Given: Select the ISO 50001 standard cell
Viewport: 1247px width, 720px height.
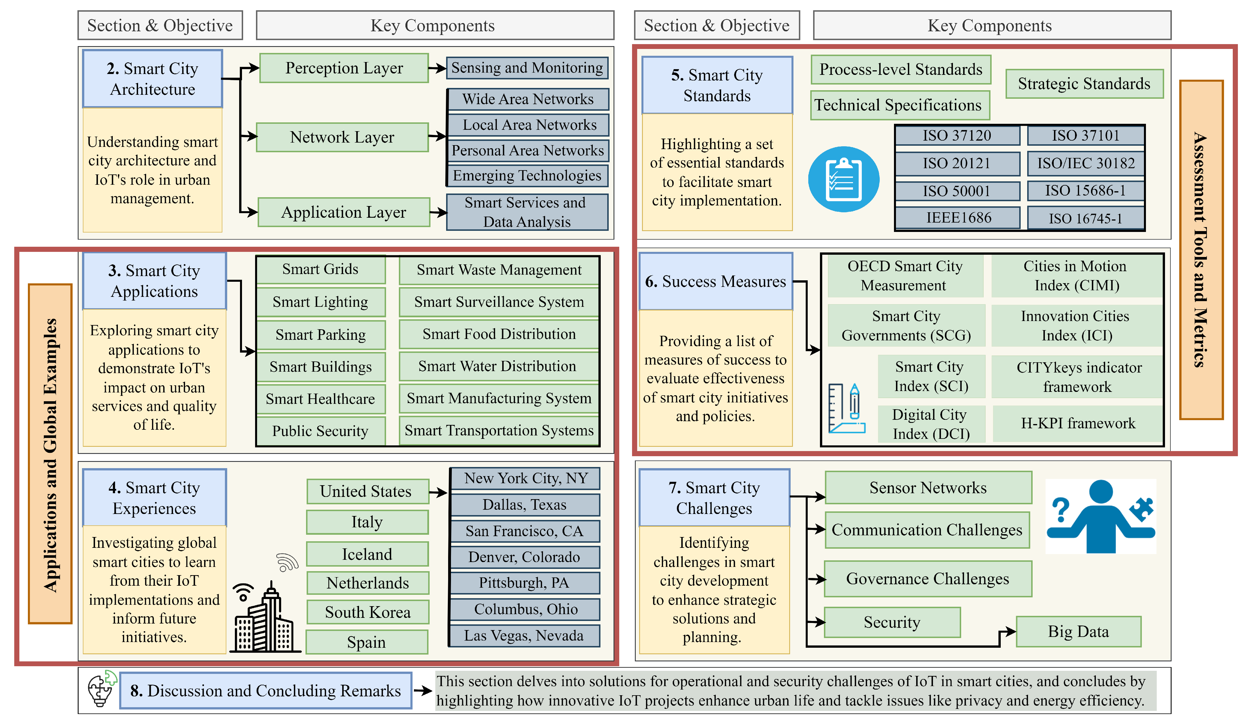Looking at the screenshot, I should tap(957, 191).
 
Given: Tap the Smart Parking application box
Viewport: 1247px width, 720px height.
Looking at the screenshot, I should tap(321, 335).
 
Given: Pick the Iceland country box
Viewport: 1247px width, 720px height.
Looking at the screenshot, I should tap(367, 554).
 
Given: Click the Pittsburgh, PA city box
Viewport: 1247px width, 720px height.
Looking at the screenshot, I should tap(524, 583).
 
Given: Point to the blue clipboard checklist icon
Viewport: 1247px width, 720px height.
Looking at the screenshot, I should tap(843, 179).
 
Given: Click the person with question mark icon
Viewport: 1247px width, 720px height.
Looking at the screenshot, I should tap(1101, 517).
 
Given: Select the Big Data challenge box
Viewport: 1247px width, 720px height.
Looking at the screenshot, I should tap(1078, 631).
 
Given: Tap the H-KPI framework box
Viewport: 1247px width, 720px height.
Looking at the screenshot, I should tap(1078, 423).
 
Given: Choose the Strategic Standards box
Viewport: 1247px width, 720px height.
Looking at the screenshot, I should tap(1084, 84).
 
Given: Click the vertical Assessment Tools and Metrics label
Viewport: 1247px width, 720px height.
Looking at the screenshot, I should tap(1201, 250).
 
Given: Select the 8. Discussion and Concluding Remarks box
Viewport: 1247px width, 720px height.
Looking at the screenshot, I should tap(266, 691).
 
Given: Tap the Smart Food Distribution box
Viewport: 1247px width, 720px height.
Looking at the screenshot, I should tap(499, 334).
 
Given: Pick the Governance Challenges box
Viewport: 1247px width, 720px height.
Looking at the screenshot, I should tap(928, 579).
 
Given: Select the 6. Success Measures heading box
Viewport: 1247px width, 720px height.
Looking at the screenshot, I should tap(715, 281).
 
